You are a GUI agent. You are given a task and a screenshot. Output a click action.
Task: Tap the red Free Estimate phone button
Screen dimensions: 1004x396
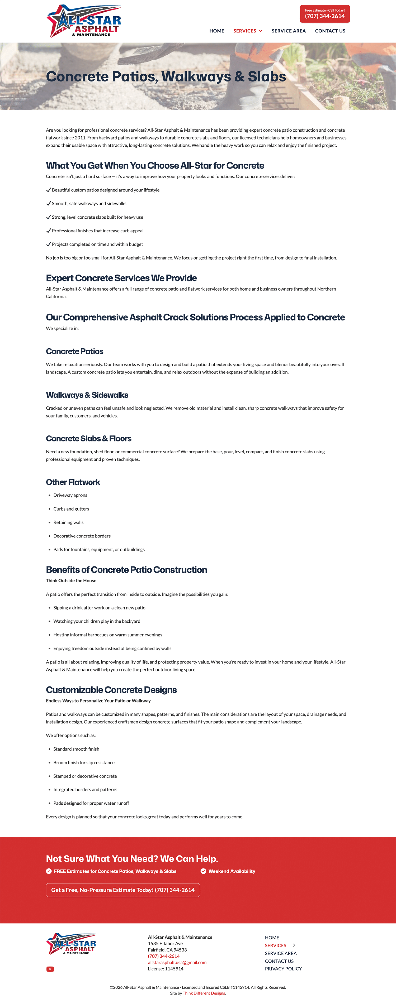click(x=325, y=14)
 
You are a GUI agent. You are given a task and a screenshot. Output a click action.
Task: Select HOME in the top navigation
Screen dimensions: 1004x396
click(x=216, y=31)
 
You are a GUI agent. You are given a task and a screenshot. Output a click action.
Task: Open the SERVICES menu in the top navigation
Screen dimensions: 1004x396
click(x=245, y=31)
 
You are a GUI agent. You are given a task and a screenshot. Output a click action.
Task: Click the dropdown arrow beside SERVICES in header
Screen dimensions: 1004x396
click(x=261, y=31)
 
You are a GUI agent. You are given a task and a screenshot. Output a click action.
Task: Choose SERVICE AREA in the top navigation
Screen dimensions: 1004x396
click(x=288, y=31)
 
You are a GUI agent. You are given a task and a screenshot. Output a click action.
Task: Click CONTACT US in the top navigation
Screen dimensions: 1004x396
click(x=330, y=31)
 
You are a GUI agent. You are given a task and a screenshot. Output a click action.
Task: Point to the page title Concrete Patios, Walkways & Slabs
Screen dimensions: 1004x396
click(x=166, y=76)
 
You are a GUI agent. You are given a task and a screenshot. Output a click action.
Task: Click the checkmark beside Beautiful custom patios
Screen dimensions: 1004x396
click(x=48, y=190)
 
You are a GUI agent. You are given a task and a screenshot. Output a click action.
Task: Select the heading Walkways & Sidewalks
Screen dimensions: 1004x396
click(x=87, y=395)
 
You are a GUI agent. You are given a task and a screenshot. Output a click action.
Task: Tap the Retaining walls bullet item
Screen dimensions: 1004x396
click(x=68, y=522)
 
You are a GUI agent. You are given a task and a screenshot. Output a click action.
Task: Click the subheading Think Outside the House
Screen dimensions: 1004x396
click(x=71, y=580)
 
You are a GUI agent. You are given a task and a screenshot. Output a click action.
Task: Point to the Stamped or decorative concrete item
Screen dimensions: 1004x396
click(x=85, y=776)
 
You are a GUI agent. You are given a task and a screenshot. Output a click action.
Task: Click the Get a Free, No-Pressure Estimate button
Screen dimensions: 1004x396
click(x=123, y=890)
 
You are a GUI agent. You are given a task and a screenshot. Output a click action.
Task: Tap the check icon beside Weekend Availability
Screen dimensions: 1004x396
click(x=203, y=871)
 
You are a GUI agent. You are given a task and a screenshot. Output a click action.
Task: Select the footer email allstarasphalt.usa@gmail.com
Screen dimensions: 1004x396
click(x=177, y=962)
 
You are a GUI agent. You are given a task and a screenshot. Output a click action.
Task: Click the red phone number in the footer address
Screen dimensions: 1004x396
click(x=163, y=956)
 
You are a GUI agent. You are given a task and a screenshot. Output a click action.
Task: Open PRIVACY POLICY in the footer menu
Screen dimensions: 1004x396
click(x=283, y=969)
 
